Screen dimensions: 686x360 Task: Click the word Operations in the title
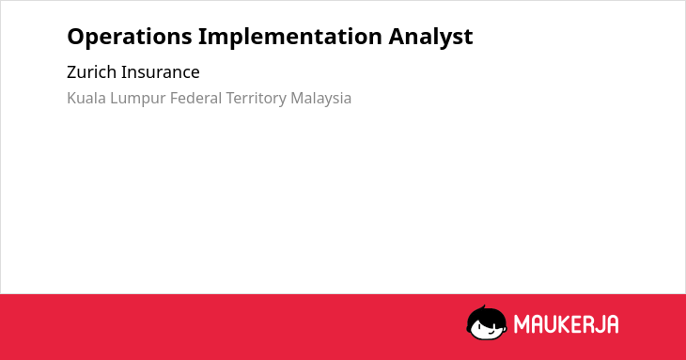click(x=130, y=37)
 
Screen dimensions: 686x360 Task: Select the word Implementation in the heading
click(x=290, y=36)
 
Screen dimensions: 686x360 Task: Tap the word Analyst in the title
click(x=430, y=37)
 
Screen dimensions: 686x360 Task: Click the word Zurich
click(x=91, y=71)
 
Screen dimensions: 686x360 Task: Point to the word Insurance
click(x=160, y=71)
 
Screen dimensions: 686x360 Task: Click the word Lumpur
click(x=138, y=99)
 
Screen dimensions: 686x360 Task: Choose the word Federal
click(x=196, y=98)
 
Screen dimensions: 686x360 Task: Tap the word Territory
click(x=256, y=99)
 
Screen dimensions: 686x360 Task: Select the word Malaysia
click(x=321, y=99)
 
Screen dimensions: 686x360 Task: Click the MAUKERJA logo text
click(x=566, y=324)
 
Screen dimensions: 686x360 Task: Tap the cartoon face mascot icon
click(x=487, y=322)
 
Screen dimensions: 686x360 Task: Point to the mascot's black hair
click(x=486, y=315)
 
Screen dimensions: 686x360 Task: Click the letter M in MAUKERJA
click(x=522, y=324)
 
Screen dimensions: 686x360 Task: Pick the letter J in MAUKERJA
click(x=597, y=324)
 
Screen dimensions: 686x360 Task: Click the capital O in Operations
click(x=76, y=37)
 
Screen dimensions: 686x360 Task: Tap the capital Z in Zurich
click(x=71, y=71)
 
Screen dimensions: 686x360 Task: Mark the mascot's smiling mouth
click(x=491, y=332)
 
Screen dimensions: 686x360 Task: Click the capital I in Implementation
click(x=202, y=37)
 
